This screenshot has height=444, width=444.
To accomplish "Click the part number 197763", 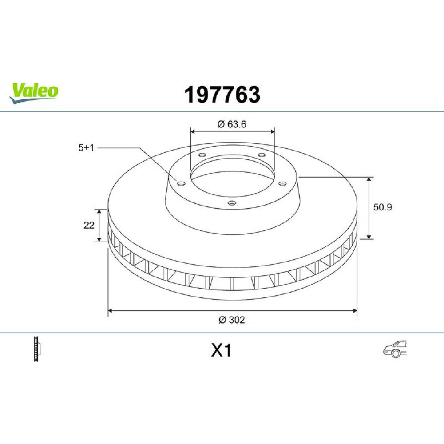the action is pyautogui.click(x=222, y=95).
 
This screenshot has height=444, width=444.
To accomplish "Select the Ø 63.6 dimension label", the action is pyautogui.click(x=232, y=124).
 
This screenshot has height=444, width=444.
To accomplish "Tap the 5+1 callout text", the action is pyautogui.click(x=86, y=147).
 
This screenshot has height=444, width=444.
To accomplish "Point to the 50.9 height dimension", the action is pyautogui.click(x=383, y=207).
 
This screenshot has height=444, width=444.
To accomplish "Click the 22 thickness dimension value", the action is pyautogui.click(x=89, y=225).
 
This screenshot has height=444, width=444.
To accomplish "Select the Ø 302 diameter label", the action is pyautogui.click(x=232, y=320).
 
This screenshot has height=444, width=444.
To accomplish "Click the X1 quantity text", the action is pyautogui.click(x=222, y=350).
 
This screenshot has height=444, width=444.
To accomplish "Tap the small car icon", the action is pyautogui.click(x=395, y=349).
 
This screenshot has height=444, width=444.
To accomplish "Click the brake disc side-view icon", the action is pyautogui.click(x=37, y=349).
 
